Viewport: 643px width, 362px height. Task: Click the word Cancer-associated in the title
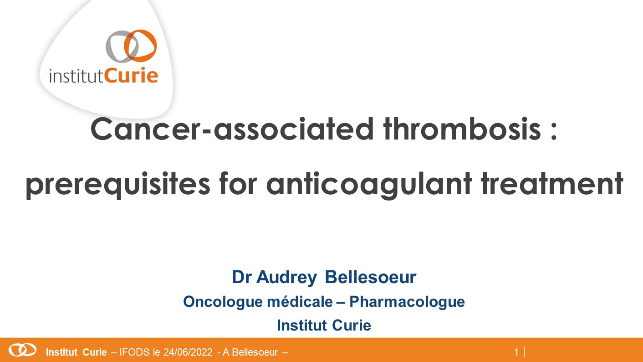click(x=232, y=129)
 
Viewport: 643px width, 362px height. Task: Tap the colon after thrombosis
click(x=554, y=130)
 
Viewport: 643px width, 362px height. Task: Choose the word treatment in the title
click(x=552, y=183)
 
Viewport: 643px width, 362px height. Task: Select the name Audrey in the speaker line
click(x=286, y=278)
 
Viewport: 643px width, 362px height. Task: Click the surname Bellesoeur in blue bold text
click(x=370, y=277)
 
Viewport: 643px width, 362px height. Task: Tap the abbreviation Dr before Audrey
click(x=242, y=277)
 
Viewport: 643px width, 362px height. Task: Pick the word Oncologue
click(x=223, y=302)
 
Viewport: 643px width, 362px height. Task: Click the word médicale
click(x=300, y=302)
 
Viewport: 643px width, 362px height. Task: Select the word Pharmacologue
click(x=407, y=302)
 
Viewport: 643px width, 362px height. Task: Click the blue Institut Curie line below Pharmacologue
click(x=324, y=326)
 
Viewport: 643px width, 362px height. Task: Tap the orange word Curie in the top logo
click(x=131, y=76)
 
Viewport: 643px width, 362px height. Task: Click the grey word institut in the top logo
click(x=77, y=76)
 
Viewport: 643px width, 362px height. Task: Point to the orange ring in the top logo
click(x=141, y=46)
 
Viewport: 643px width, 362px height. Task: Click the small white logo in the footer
click(x=22, y=350)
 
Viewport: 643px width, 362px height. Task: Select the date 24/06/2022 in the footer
click(x=188, y=352)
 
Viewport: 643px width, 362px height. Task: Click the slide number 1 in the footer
click(x=516, y=352)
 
